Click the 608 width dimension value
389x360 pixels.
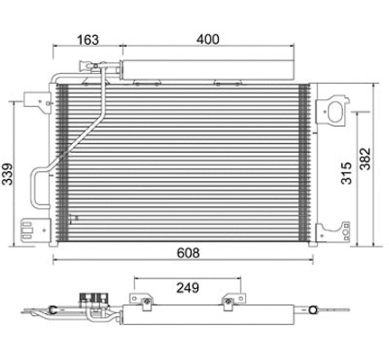pos(188,252)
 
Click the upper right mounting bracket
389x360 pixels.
pos(336,109)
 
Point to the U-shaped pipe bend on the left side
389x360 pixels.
pos(35,188)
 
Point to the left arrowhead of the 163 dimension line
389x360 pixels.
pos(56,48)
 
